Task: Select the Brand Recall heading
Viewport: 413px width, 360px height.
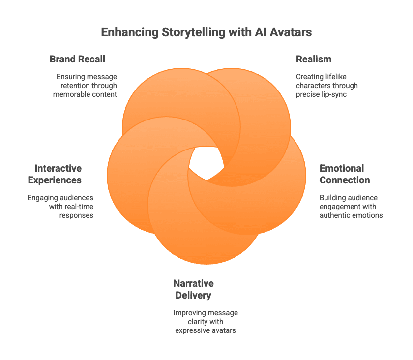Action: pyautogui.click(x=77, y=59)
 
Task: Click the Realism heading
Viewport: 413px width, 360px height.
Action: pyautogui.click(x=314, y=59)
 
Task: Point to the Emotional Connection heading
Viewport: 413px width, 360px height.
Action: pyautogui.click(x=344, y=174)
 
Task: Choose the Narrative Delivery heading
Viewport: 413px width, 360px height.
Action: pyautogui.click(x=193, y=290)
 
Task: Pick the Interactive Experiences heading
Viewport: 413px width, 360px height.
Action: pyautogui.click(x=55, y=174)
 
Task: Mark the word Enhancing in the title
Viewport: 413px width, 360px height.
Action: pyautogui.click(x=128, y=33)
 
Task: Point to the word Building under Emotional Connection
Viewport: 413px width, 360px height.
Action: pyautogui.click(x=332, y=198)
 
